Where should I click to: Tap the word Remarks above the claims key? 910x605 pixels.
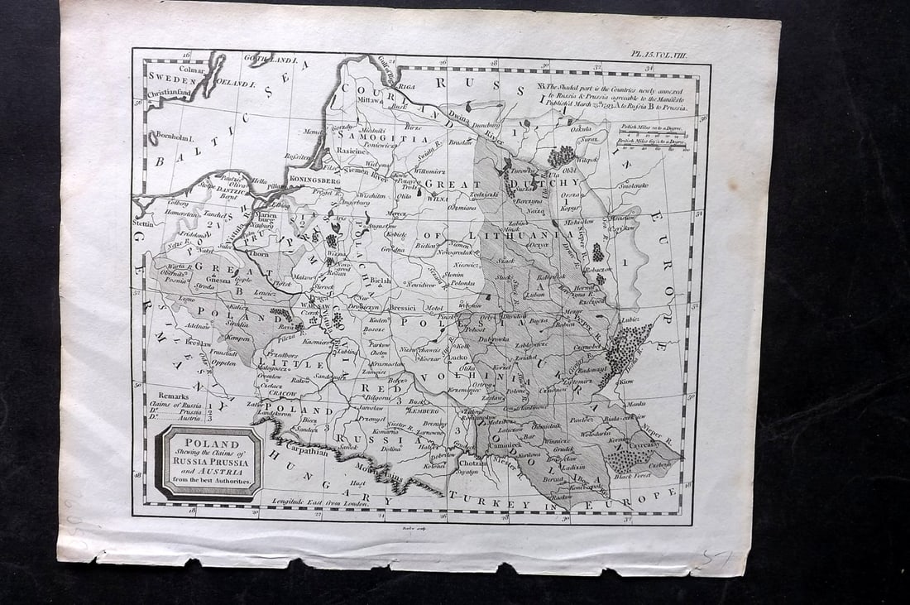[x=172, y=396]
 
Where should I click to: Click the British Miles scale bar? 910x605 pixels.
[x=654, y=151]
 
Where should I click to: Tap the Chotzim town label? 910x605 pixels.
[x=473, y=464]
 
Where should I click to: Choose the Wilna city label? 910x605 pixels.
[x=438, y=199]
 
